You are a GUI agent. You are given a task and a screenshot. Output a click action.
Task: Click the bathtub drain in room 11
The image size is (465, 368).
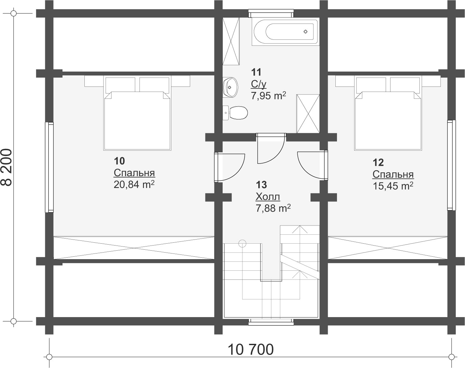pos(305,32)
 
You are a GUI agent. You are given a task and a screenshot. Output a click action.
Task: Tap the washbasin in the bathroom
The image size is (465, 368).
pos(230,87)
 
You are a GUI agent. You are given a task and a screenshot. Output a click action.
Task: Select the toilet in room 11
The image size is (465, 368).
pos(235,113)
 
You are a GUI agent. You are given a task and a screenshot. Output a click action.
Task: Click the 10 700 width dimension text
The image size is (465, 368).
pos(251,350)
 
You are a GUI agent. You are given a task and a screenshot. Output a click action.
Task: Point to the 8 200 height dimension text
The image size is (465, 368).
pos(6,167)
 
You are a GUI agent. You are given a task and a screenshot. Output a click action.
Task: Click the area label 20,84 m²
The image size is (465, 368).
pos(134,184)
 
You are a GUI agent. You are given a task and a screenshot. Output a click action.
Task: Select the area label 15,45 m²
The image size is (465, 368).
pos(393,186)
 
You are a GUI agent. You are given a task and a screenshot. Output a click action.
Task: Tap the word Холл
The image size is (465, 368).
pos(268,197)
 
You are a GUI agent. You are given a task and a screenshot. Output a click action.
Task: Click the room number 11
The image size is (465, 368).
pos(256,72)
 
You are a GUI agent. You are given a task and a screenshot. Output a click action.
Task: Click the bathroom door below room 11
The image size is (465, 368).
pos(271,149)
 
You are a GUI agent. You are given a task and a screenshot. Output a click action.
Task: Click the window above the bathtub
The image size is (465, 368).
pos(271,13)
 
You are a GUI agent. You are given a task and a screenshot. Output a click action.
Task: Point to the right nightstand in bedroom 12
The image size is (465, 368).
pos(431,81)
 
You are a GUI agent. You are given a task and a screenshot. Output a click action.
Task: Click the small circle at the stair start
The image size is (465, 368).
pos(242,243)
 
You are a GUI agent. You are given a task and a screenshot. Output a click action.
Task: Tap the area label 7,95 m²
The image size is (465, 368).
pos(268,95)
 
